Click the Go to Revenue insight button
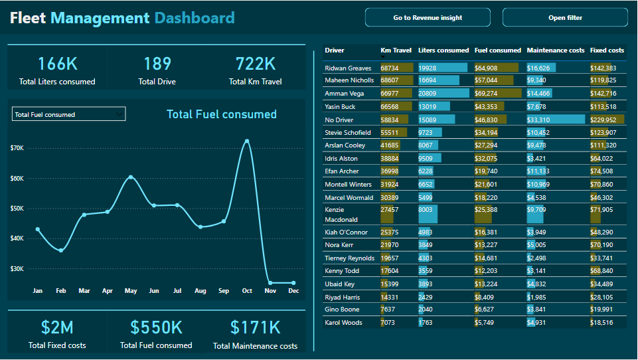tap(428, 18)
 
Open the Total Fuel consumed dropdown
tap(68, 114)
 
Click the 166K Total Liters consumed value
tap(57, 64)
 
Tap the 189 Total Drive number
tap(157, 64)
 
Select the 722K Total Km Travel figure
tap(256, 64)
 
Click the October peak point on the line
tap(247, 141)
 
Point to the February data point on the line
tap(61, 250)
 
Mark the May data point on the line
tap(131, 177)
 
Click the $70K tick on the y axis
tap(17, 148)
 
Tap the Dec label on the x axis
tap(293, 291)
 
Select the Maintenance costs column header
tap(555, 50)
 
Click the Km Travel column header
tap(396, 50)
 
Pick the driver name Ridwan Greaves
tap(348, 68)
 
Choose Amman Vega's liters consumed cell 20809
tap(428, 94)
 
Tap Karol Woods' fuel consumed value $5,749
tap(485, 323)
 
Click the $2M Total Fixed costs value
tap(57, 327)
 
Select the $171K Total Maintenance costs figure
tap(256, 327)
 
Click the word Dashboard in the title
tap(195, 18)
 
